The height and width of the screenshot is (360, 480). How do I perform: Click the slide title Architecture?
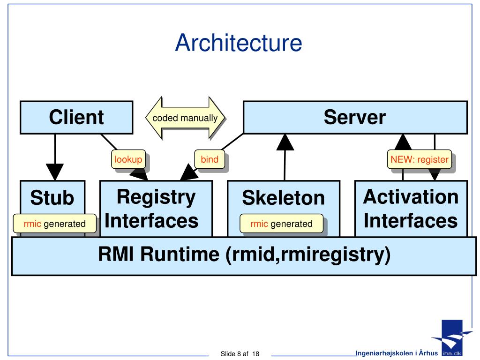tap(239, 43)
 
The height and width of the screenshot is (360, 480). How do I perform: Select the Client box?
tap(76, 117)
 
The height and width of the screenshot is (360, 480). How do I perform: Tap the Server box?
tap(355, 117)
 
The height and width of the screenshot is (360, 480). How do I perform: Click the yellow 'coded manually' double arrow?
tap(185, 118)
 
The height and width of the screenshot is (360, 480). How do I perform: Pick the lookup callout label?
tap(128, 159)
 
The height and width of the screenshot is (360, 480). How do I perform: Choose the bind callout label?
tap(210, 159)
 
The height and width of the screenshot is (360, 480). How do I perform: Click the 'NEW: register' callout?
tap(420, 159)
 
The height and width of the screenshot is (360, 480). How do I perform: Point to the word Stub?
tap(52, 197)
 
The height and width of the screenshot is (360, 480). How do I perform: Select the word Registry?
tap(156, 197)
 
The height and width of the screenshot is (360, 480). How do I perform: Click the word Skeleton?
tap(284, 198)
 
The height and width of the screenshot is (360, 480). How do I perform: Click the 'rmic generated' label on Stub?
tap(54, 224)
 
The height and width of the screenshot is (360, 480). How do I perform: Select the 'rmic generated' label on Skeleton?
tap(281, 224)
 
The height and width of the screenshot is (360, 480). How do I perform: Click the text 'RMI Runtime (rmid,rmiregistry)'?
tap(244, 255)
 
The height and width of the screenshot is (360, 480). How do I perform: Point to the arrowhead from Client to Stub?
tap(55, 172)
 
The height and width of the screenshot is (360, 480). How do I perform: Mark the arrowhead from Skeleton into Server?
tap(285, 142)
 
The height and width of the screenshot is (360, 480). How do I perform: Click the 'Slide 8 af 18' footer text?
tap(240, 354)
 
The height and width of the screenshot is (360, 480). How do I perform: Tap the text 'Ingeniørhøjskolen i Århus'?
tap(397, 353)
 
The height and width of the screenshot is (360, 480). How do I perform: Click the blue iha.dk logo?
tap(451, 338)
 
